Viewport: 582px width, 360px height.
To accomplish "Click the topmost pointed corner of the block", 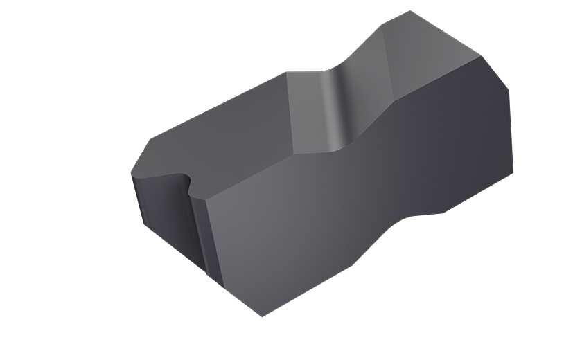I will [x=410, y=12].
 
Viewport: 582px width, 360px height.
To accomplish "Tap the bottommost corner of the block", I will [x=263, y=316].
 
